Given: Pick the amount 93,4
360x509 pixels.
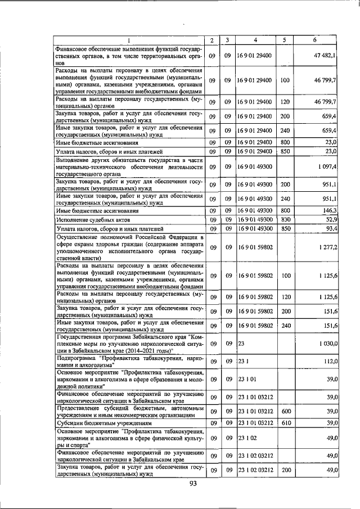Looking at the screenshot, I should tap(330, 229).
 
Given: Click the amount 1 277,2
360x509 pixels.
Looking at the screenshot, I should tap(326, 247).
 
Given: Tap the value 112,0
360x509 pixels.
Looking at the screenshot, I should tap(328, 362).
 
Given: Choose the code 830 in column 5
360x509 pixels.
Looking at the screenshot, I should tap(285, 219).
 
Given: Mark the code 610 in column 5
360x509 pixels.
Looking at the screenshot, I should tap(285, 422).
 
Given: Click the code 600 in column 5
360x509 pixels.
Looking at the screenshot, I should tap(285, 412).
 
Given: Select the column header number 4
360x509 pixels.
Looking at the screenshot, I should tap(255, 40).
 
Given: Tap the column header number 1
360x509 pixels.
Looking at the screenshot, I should tap(128, 40).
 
